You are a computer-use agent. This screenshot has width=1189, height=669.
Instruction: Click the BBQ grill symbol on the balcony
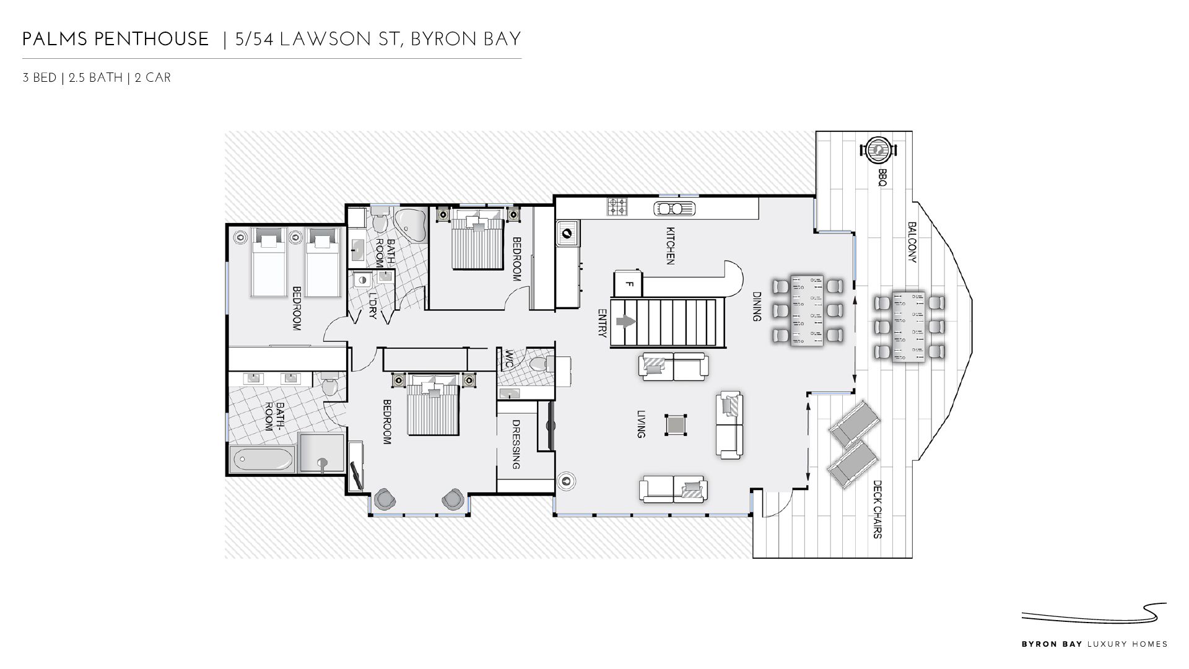pyautogui.click(x=878, y=149)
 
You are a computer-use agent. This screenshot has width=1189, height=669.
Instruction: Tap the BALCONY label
pyautogui.click(x=912, y=242)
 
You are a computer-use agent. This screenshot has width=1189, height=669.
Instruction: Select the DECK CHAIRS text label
pyautogui.click(x=877, y=509)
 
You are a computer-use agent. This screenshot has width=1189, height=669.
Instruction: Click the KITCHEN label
pyautogui.click(x=669, y=246)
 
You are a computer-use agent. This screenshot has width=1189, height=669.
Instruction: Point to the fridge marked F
pyautogui.click(x=628, y=283)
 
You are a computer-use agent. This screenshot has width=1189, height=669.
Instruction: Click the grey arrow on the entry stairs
pyautogui.click(x=627, y=322)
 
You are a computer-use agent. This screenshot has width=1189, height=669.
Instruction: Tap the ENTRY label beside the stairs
pyautogui.click(x=602, y=323)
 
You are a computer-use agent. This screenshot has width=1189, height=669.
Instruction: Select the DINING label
pyautogui.click(x=756, y=307)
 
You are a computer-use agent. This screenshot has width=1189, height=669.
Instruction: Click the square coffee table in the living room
pyautogui.click(x=676, y=425)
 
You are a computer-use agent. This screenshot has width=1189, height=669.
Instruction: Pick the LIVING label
pyautogui.click(x=641, y=424)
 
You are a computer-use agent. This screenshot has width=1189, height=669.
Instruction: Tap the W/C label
pyautogui.click(x=509, y=359)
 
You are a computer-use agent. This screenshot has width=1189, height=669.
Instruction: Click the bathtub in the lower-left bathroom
pyautogui.click(x=263, y=460)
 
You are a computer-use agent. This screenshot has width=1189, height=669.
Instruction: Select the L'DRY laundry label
pyautogui.click(x=372, y=305)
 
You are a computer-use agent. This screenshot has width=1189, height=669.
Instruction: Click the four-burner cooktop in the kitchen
pyautogui.click(x=617, y=206)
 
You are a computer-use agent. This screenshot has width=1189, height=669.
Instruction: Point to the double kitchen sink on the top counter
pyautogui.click(x=674, y=209)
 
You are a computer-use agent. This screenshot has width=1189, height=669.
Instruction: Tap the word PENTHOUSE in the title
pyautogui.click(x=152, y=40)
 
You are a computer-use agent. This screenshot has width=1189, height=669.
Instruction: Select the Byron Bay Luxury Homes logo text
pyautogui.click(x=1094, y=644)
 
